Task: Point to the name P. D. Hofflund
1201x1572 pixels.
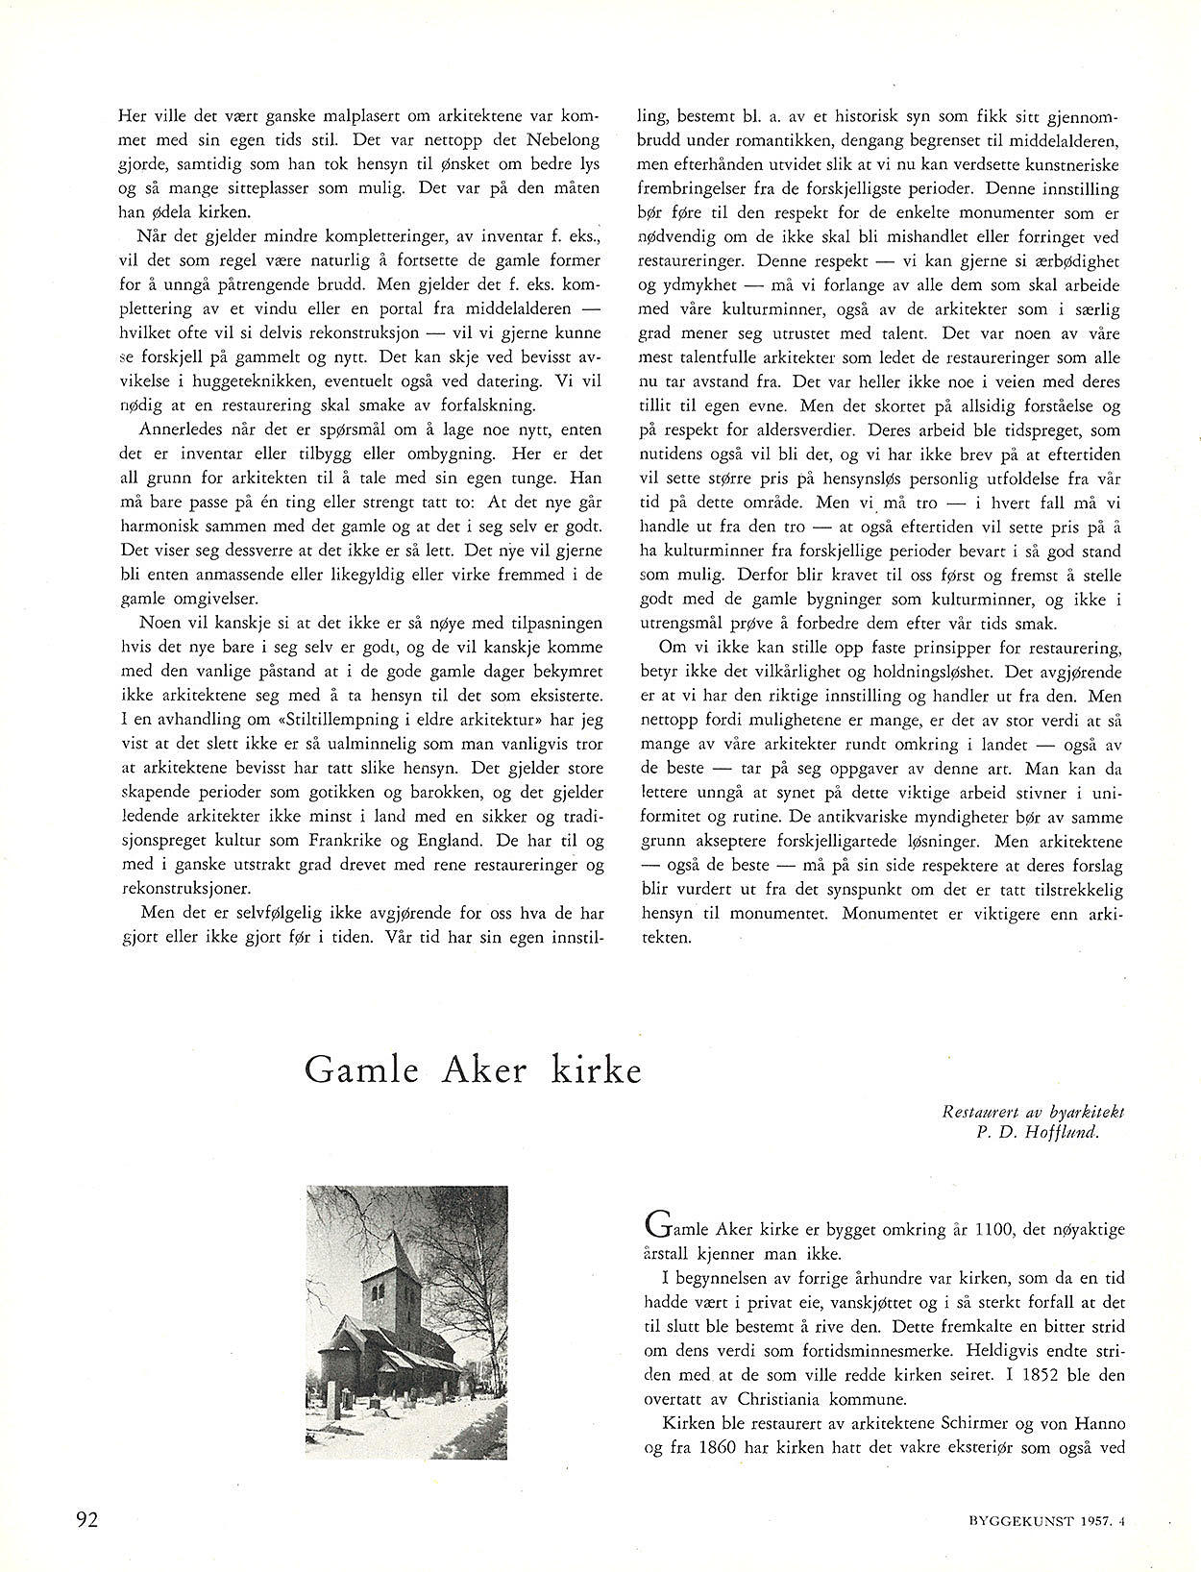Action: click(1036, 1131)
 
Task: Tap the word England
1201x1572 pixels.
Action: click(451, 839)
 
